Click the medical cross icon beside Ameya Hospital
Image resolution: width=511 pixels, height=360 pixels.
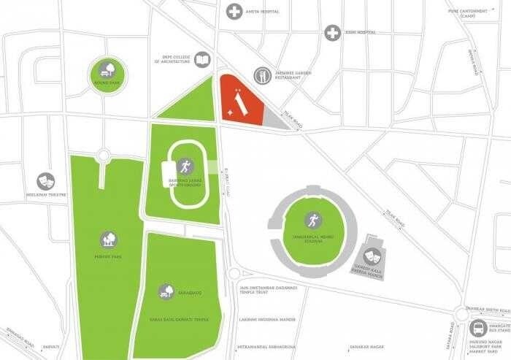pos(234,11)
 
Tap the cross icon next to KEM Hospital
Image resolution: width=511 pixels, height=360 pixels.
pos(332,33)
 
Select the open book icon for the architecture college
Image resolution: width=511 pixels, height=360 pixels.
pos(204,61)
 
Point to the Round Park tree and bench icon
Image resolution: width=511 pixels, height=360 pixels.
pos(107,72)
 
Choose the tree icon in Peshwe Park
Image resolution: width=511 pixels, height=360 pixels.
pos(108,238)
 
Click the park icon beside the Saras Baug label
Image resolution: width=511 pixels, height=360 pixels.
pos(166,291)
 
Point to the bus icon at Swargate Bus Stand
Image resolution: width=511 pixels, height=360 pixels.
pos(478,328)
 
